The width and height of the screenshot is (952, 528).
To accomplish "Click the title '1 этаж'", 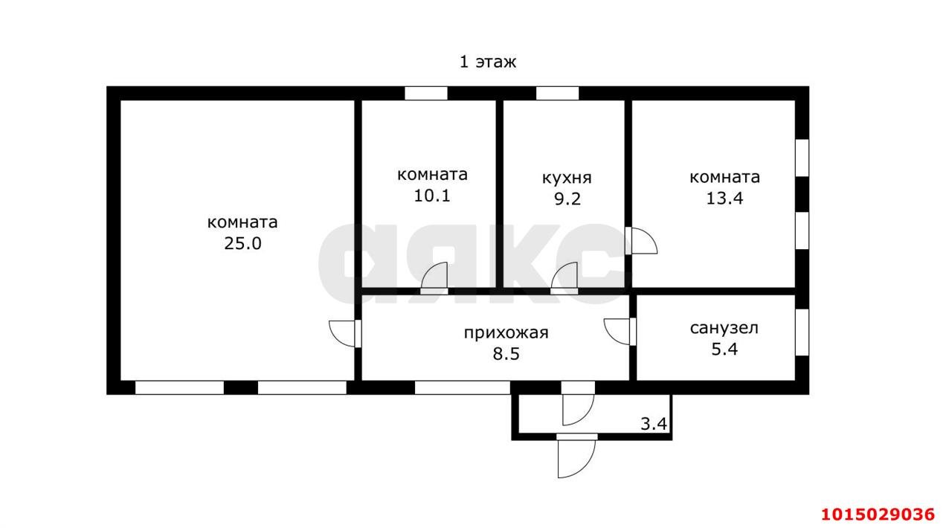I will pyautogui.click(x=487, y=62).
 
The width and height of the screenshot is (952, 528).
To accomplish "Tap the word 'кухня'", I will pyautogui.click(x=567, y=178).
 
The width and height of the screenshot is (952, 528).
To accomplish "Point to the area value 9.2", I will pyautogui.click(x=566, y=199).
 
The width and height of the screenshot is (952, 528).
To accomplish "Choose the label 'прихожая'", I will pyautogui.click(x=506, y=332).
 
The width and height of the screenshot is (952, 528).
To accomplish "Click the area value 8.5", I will pyautogui.click(x=506, y=354).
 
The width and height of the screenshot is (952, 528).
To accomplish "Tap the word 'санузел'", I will pyautogui.click(x=724, y=328).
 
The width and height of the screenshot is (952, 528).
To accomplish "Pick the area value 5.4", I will pyautogui.click(x=724, y=349).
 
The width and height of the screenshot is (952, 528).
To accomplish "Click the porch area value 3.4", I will pyautogui.click(x=654, y=425).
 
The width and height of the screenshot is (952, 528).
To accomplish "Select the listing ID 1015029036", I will pyautogui.click(x=877, y=514).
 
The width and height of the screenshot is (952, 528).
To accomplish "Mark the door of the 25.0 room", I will pyautogui.click(x=345, y=332).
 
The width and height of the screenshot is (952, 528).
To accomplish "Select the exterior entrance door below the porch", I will pyautogui.click(x=576, y=454).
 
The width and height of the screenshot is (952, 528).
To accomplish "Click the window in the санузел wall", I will pyautogui.click(x=802, y=332).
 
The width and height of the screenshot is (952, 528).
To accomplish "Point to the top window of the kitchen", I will pyautogui.click(x=557, y=94).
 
